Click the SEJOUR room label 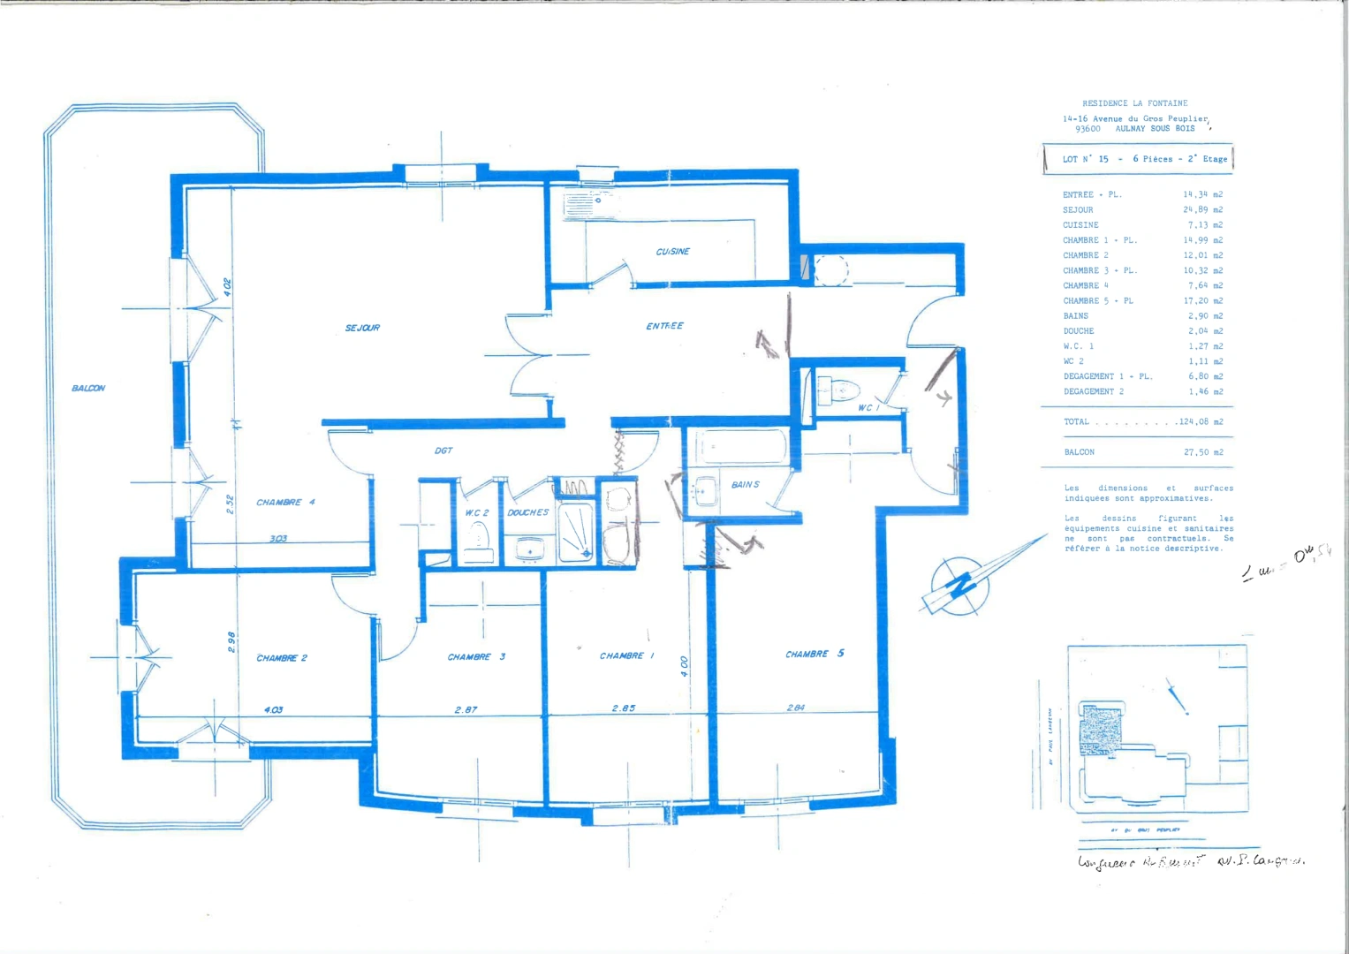(362, 328)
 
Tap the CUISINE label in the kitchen (672, 252)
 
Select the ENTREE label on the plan (664, 326)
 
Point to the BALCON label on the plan (88, 388)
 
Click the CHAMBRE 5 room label (815, 654)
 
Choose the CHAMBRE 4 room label (285, 503)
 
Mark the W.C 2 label (477, 512)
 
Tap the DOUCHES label (528, 512)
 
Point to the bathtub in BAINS (740, 447)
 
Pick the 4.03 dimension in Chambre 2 (273, 709)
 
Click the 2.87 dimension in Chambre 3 (466, 709)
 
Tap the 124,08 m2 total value (1200, 422)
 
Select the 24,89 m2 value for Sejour (1202, 210)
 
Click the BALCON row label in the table (1079, 452)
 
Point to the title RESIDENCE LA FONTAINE (1134, 103)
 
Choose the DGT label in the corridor (443, 450)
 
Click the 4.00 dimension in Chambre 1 (685, 666)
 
